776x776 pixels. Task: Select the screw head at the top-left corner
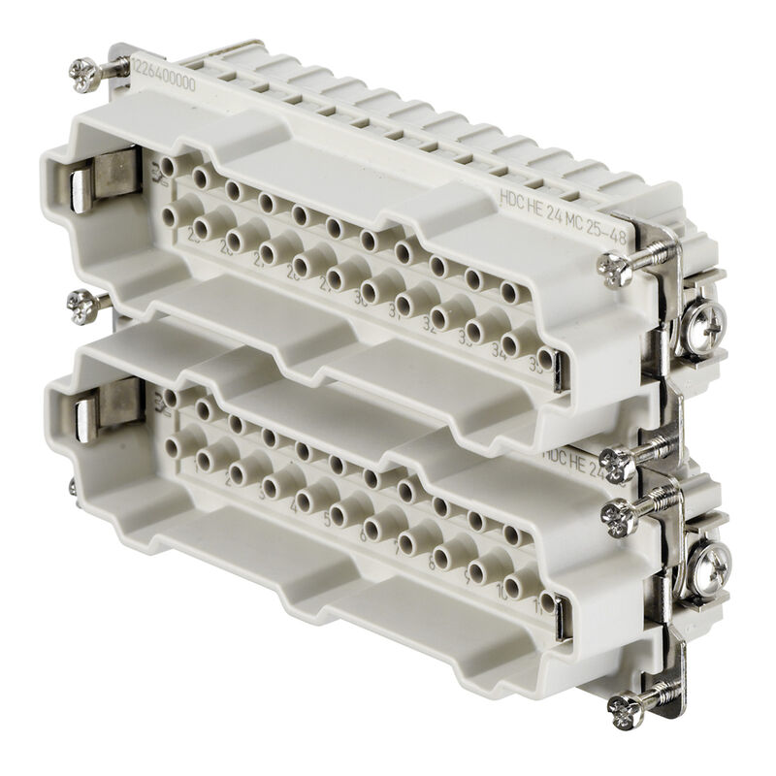[x=82, y=69]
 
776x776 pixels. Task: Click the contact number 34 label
[x=503, y=347]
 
